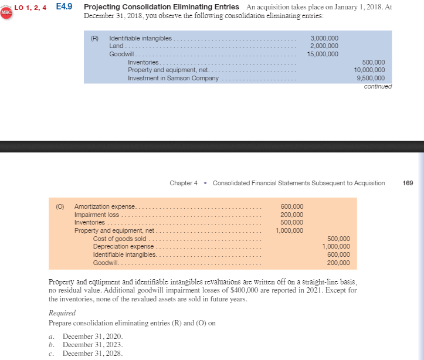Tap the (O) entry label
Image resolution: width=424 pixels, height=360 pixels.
pos(60,206)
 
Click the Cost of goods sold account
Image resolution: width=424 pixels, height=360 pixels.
pos(119,239)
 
